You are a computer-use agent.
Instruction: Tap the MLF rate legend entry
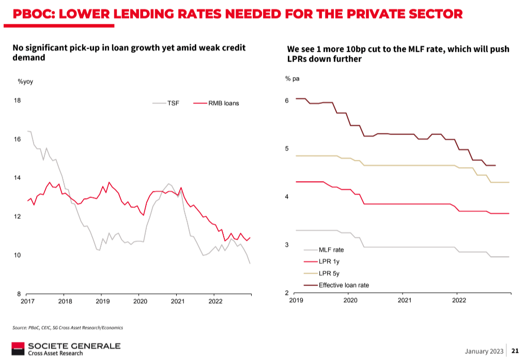tap(331, 250)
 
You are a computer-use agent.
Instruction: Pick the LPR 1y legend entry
tap(328, 262)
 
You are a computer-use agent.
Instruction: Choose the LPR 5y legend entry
tap(328, 274)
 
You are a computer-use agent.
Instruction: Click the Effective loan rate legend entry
tap(344, 285)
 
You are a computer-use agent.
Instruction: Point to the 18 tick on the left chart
tap(17, 100)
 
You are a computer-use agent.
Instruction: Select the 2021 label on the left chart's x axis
tap(177, 301)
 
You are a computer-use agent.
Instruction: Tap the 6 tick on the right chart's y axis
tap(287, 100)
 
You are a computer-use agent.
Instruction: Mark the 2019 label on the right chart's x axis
tap(296, 300)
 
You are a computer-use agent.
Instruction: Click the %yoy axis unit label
tap(25, 81)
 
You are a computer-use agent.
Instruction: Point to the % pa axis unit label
tap(292, 79)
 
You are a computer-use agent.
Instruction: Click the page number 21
tap(515, 351)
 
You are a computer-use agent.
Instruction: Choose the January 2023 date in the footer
tap(484, 351)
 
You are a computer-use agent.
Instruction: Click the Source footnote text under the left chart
tap(67, 327)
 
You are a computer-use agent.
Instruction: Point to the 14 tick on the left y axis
tap(17, 178)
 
